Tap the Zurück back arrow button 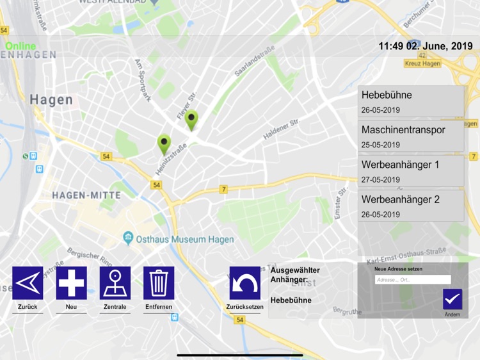click(x=28, y=283)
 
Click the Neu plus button click(x=72, y=283)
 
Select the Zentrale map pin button click(x=115, y=283)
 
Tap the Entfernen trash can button click(x=159, y=283)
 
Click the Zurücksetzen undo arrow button click(x=245, y=283)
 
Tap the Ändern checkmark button click(x=452, y=299)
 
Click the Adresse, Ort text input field click(x=412, y=280)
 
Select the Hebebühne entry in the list click(x=410, y=101)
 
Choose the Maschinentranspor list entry click(x=410, y=136)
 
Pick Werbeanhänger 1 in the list click(x=410, y=171)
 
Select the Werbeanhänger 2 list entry click(x=410, y=206)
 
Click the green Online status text click(x=21, y=46)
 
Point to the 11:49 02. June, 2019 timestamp click(x=425, y=46)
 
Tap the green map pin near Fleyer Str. click(x=191, y=120)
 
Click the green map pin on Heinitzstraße click(x=164, y=143)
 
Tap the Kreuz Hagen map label click(x=423, y=63)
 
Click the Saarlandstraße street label click(x=254, y=61)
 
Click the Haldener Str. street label click(x=281, y=129)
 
